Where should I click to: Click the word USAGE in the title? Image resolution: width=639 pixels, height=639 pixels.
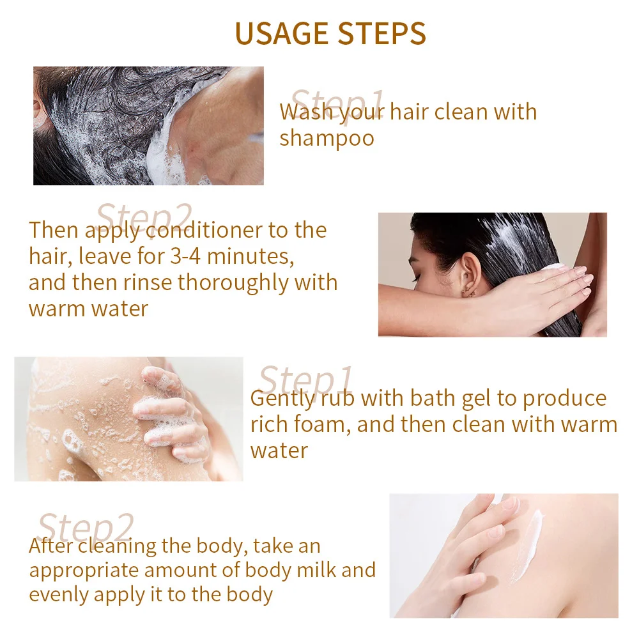click(x=282, y=33)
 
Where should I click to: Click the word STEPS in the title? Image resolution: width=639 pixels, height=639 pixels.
click(x=382, y=33)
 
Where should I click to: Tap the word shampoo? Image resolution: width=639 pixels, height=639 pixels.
click(x=327, y=139)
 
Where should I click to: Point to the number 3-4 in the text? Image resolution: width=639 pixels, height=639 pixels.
click(x=185, y=256)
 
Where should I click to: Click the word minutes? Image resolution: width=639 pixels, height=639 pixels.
click(x=250, y=257)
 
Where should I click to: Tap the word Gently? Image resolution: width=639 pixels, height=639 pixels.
click(x=282, y=399)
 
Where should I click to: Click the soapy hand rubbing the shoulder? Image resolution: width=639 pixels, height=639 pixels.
click(x=172, y=416)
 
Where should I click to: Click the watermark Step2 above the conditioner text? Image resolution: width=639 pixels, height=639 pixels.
click(x=144, y=219)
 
